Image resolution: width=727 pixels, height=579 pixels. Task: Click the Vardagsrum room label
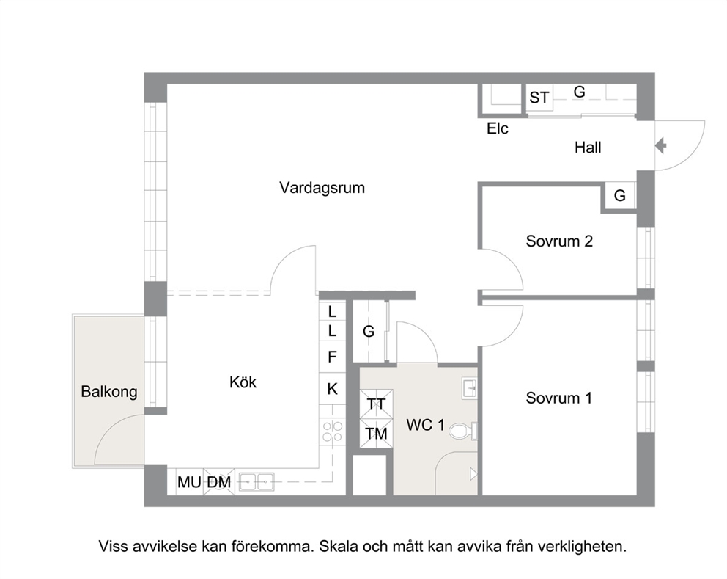click(322, 188)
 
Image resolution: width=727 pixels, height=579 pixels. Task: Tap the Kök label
click(243, 382)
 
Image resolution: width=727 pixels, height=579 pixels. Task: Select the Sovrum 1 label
click(558, 398)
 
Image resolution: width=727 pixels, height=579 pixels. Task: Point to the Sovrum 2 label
click(559, 241)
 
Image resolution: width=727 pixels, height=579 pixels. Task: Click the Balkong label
click(109, 391)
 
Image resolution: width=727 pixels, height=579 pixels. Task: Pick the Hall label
click(588, 148)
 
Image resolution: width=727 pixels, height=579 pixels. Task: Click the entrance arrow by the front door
click(661, 146)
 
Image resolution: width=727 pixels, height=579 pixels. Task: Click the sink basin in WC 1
click(469, 387)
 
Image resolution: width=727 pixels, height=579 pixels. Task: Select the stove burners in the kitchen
click(333, 431)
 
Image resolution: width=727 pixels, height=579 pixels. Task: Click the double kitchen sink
click(256, 482)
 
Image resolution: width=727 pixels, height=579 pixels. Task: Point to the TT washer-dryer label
click(376, 404)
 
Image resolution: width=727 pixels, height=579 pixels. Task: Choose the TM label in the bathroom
click(376, 434)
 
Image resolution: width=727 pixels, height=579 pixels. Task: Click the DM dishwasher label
click(219, 482)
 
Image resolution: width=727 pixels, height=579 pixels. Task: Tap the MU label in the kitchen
click(189, 482)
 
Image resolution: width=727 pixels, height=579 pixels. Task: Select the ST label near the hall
click(539, 98)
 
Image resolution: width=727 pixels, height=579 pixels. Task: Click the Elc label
click(498, 128)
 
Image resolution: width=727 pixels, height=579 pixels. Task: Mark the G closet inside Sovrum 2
click(620, 195)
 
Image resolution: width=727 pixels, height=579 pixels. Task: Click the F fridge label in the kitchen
click(332, 357)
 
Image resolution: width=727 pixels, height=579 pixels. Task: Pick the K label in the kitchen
click(333, 389)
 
